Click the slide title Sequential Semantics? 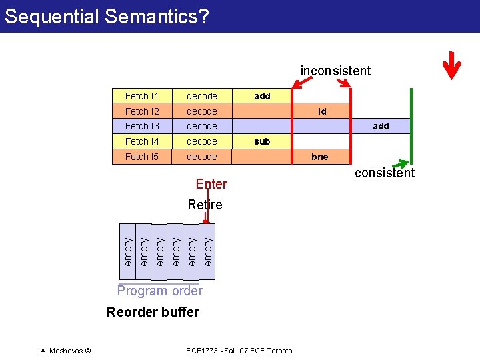click(x=106, y=16)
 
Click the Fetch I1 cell click(x=142, y=96)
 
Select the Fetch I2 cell click(x=142, y=111)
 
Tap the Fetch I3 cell click(x=142, y=126)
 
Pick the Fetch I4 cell click(x=142, y=141)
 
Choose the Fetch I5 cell click(x=142, y=157)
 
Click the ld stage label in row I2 click(x=322, y=111)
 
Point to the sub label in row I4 click(x=262, y=141)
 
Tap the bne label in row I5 click(x=321, y=157)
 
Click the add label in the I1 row click(x=262, y=96)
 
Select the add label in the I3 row click(x=381, y=126)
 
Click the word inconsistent click(x=335, y=71)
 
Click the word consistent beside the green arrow click(x=385, y=173)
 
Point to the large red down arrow click(x=452, y=66)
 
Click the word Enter click(x=211, y=184)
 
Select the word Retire click(x=205, y=205)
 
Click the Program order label click(x=160, y=291)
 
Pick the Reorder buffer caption click(x=153, y=312)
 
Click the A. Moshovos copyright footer click(x=65, y=351)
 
